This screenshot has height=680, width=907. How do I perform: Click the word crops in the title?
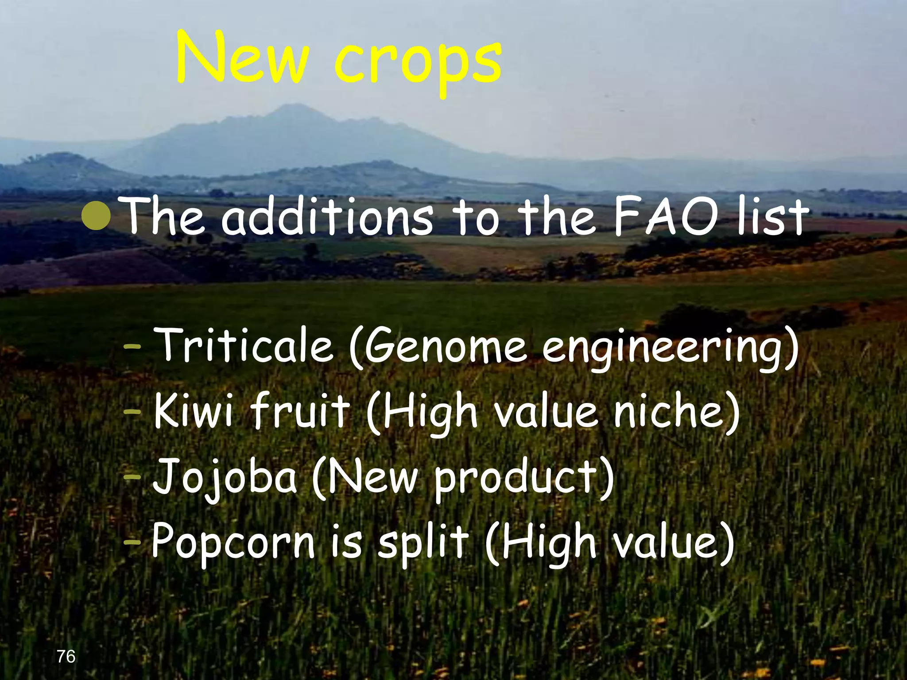[x=418, y=62]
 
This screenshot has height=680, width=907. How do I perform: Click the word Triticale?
[x=246, y=345]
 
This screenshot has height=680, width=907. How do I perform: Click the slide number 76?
[x=66, y=657]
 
